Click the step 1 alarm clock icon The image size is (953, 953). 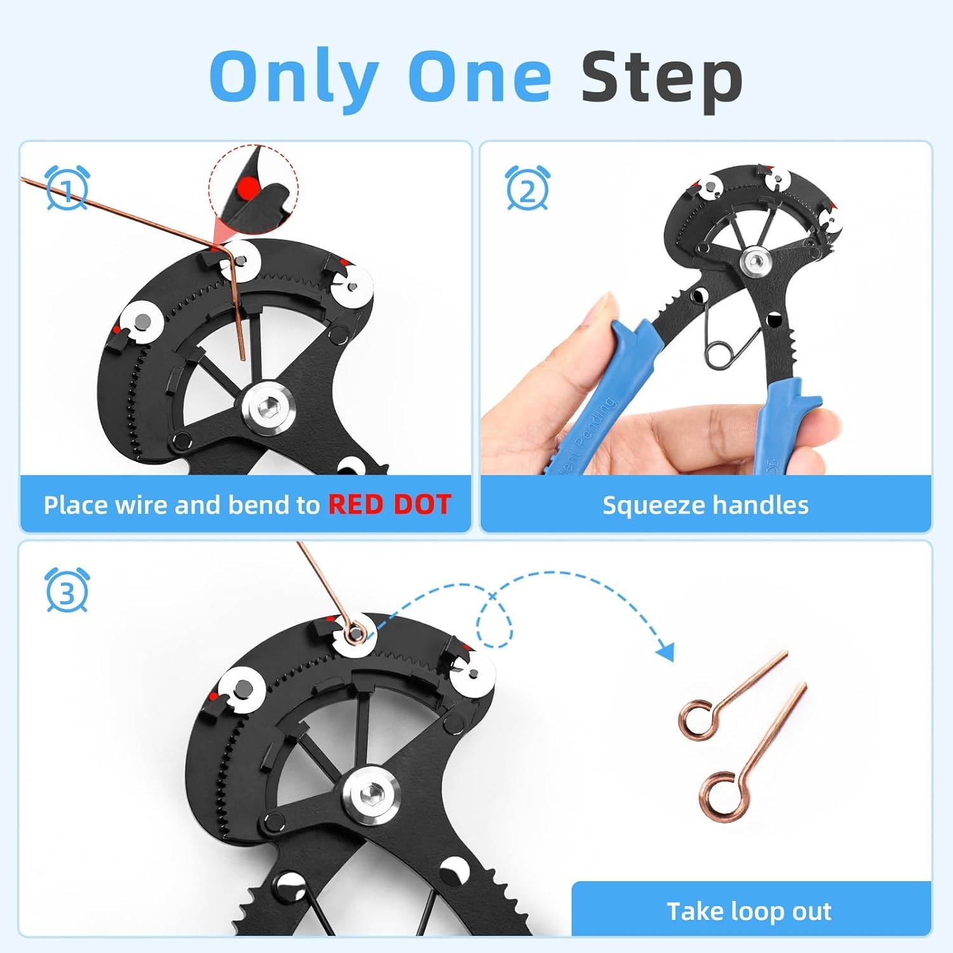click(x=67, y=188)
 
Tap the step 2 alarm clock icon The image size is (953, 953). click(x=527, y=188)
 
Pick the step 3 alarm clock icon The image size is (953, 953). click(x=67, y=590)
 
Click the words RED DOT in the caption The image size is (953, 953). click(x=389, y=504)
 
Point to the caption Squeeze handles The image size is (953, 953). click(x=705, y=505)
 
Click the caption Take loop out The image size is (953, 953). click(x=749, y=911)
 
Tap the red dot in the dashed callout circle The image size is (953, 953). click(x=250, y=187)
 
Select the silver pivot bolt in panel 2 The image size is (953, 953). click(x=755, y=259)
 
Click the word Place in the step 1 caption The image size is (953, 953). click(x=74, y=504)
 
